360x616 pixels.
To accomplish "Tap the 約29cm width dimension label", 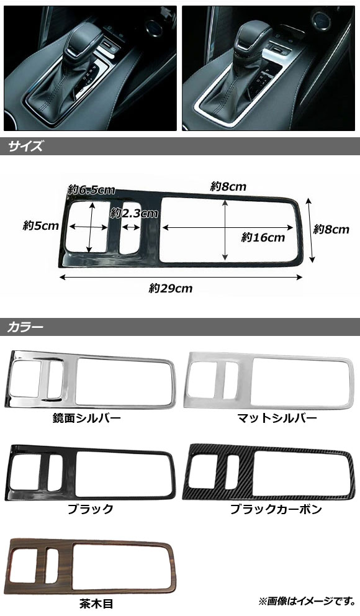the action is pos(171,289).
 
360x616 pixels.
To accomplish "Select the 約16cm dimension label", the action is pos(263,237).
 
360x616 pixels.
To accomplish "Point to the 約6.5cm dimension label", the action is pos(91,190).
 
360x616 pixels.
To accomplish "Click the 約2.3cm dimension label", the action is pos(134,214).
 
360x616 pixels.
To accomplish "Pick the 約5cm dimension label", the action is pos(41,226).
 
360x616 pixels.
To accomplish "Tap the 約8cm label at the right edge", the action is pos(331,229).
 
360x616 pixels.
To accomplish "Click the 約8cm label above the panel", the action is pos(228,187).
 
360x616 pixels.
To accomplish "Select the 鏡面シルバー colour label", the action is pos(87,418).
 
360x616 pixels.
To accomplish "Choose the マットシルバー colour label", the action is pos(277,418).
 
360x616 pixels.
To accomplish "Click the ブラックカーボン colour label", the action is pos(276,509).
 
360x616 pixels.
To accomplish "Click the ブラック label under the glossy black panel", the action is pos(90,509).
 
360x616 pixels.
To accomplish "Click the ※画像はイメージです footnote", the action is pos(307,601).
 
